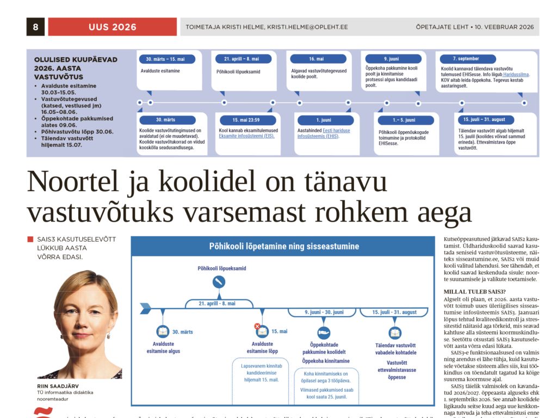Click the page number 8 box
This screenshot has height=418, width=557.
tap(35, 27)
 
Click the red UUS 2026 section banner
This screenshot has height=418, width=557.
tap(113, 27)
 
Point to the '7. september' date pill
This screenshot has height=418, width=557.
tap(466, 58)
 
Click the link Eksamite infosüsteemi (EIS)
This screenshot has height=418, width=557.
tap(246, 136)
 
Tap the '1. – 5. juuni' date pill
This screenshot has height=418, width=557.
tap(404, 120)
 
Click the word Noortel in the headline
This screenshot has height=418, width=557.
tap(67, 183)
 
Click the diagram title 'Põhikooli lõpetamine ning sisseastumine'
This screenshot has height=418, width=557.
tap(284, 247)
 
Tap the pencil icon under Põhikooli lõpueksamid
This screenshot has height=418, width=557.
tap(219, 282)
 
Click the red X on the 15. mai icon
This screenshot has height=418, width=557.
tap(257, 326)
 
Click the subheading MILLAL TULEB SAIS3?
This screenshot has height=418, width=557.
tap(474, 292)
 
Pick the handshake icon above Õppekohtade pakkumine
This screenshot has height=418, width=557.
tap(324, 332)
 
